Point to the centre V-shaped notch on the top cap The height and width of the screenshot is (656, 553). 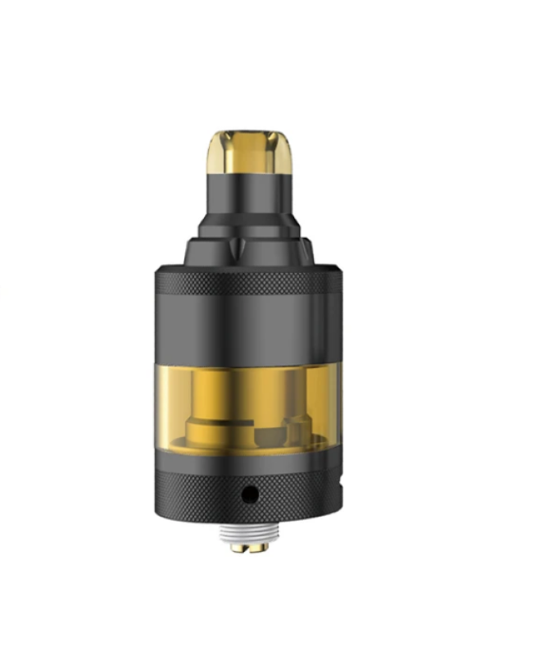(x=243, y=247)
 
